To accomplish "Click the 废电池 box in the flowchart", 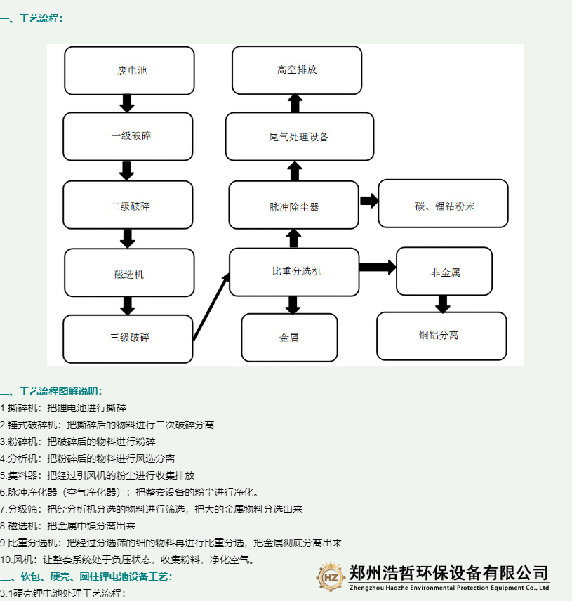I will [x=129, y=71].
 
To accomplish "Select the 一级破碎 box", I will [x=128, y=136].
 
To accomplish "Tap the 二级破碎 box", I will [x=128, y=205].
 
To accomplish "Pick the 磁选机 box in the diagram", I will [x=129, y=272].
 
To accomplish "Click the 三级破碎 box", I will [x=128, y=338].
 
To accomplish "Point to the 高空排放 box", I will [x=296, y=70].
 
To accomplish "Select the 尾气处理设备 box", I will [x=299, y=136].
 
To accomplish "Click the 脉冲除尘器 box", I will [x=294, y=205].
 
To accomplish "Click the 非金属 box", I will [x=443, y=271].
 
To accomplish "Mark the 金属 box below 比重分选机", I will [x=289, y=337].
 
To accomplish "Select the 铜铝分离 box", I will [x=441, y=336].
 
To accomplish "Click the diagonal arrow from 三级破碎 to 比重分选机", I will [x=211, y=307].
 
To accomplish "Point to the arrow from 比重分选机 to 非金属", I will [x=378, y=268].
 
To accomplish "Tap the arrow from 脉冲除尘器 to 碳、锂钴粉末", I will [x=369, y=201].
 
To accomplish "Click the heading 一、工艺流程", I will [x=32, y=19].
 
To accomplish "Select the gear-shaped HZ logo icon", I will [x=330, y=576].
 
